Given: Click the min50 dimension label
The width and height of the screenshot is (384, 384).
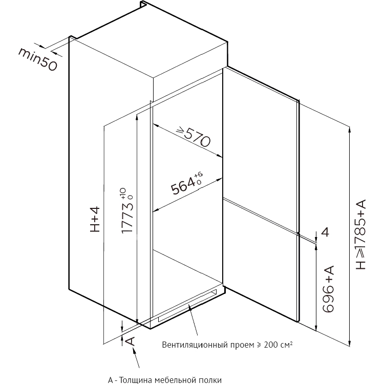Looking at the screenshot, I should (x=37, y=59).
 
